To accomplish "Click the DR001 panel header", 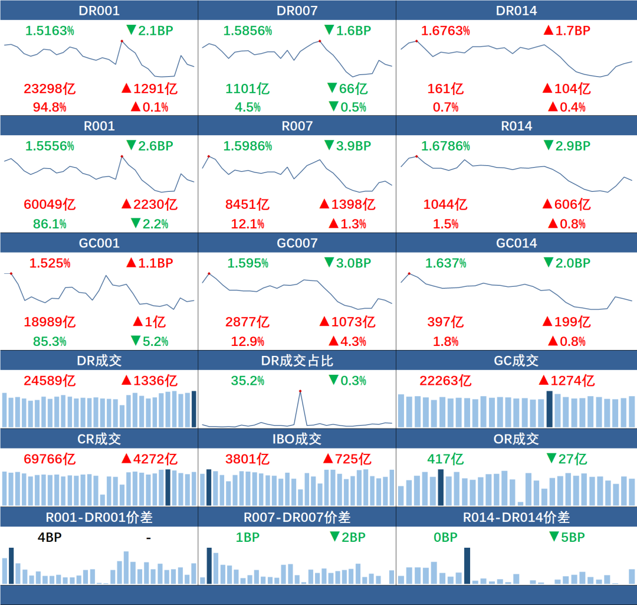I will [x=98, y=11].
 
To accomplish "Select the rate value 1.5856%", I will [x=247, y=31].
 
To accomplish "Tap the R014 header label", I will [x=516, y=126].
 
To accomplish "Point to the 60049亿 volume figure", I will [x=50, y=205].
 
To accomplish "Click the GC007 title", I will [x=297, y=243].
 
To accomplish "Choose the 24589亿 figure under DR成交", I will [x=50, y=381].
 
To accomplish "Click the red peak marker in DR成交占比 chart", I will [x=300, y=391].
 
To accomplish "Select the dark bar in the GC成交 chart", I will [x=550, y=409].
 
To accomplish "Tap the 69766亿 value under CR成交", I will [x=50, y=459].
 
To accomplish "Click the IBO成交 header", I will [x=297, y=439].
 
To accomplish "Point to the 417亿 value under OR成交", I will [x=446, y=459].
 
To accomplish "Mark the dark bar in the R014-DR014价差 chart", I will [x=467, y=565].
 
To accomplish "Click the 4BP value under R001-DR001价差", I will [x=50, y=537].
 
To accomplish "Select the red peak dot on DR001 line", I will [x=122, y=41].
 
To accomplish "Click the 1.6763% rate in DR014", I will [x=445, y=31].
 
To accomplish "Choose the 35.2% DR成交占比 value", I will [x=247, y=381].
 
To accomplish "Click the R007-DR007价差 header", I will [x=297, y=518].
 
